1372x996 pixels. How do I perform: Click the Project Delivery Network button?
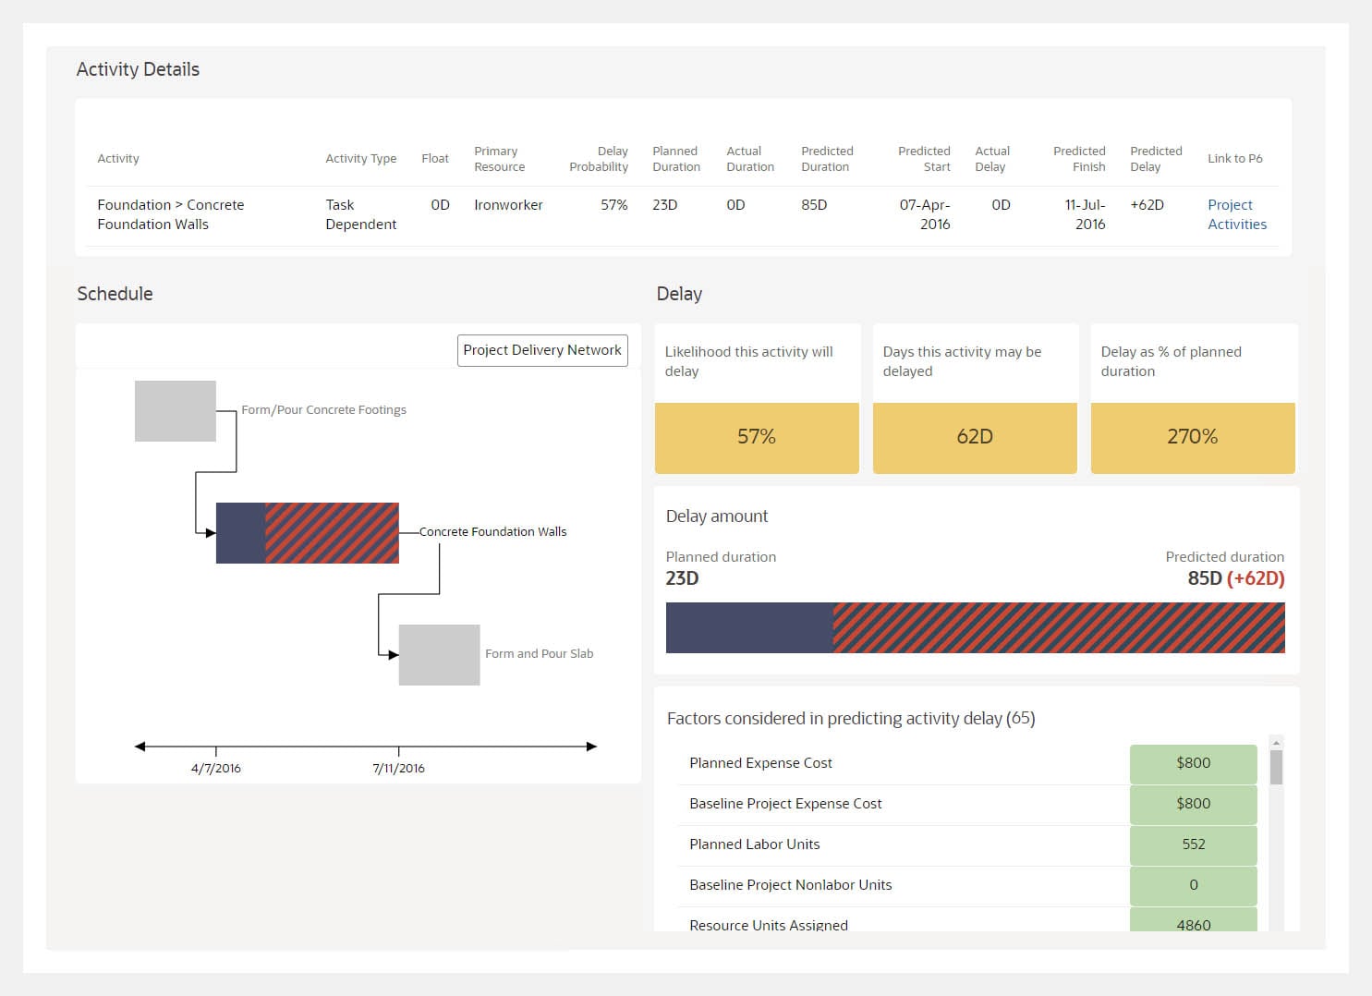[x=542, y=350]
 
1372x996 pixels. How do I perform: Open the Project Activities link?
[x=1236, y=214]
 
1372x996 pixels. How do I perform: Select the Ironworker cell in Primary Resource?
[x=508, y=205]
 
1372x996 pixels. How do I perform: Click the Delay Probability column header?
[x=599, y=159]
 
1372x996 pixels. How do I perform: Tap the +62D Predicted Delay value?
[x=1147, y=205]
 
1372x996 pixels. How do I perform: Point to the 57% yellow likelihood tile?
[x=757, y=437]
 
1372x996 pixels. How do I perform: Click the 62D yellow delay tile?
[x=975, y=437]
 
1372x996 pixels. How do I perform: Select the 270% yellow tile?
[x=1193, y=437]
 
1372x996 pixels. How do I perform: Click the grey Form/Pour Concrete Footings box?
[x=176, y=411]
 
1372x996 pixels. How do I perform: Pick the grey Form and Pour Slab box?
[x=439, y=655]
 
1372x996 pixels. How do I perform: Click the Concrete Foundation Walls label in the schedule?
[x=492, y=532]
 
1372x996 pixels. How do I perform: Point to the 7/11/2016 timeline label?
[x=399, y=768]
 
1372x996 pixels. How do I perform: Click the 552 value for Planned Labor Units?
[x=1193, y=844]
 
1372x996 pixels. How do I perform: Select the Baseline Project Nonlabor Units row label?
[x=790, y=885]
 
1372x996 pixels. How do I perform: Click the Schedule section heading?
[x=115, y=294]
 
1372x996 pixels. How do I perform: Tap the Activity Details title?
[x=138, y=69]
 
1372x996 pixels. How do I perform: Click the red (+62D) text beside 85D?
[x=1256, y=579]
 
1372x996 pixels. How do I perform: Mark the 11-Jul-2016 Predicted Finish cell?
[x=1085, y=214]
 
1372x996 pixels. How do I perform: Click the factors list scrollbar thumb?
[x=1276, y=768]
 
